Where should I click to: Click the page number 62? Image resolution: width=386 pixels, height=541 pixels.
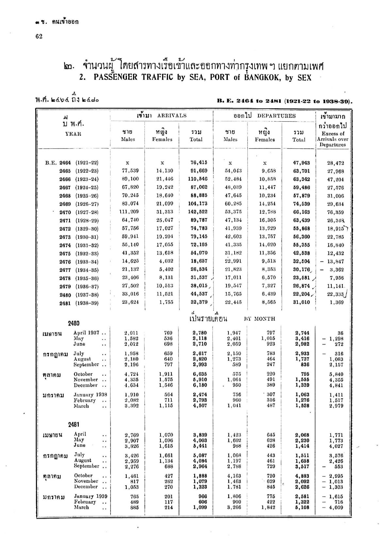pos(39,36)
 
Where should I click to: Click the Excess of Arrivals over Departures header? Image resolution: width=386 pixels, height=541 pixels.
pos(333,139)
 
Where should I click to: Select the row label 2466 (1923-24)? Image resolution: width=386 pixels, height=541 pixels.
pos(79,179)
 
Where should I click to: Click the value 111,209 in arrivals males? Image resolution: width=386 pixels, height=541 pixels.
pos(128,212)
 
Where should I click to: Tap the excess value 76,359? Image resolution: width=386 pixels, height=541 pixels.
pos(335,212)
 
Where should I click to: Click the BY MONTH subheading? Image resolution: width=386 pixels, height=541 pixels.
pos(260,319)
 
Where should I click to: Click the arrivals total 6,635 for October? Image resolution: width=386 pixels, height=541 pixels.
pos(199,374)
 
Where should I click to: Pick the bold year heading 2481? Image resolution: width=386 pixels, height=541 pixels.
pos(74,425)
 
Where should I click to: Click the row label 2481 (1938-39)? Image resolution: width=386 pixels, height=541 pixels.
pos(79,303)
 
